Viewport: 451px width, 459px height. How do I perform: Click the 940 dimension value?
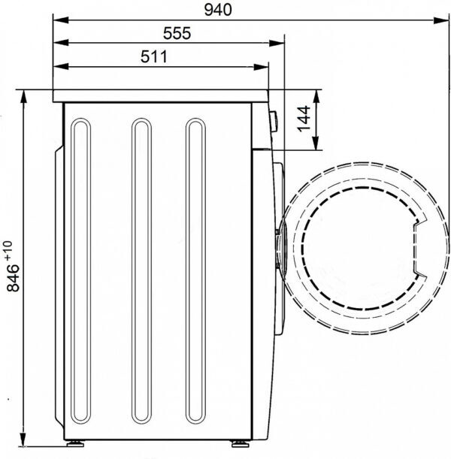click(218, 10)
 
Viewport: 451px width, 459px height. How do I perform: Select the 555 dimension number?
click(177, 33)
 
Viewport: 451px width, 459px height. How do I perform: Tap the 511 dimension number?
click(154, 56)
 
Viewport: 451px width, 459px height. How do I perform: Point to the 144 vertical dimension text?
click(304, 119)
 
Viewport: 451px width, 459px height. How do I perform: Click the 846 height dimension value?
click(13, 278)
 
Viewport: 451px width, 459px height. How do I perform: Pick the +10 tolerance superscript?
click(8, 250)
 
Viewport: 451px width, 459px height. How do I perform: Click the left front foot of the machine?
click(75, 444)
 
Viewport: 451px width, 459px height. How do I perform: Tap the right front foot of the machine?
click(240, 444)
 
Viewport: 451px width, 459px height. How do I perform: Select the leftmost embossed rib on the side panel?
click(81, 270)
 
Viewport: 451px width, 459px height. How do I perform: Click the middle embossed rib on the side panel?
click(142, 270)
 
